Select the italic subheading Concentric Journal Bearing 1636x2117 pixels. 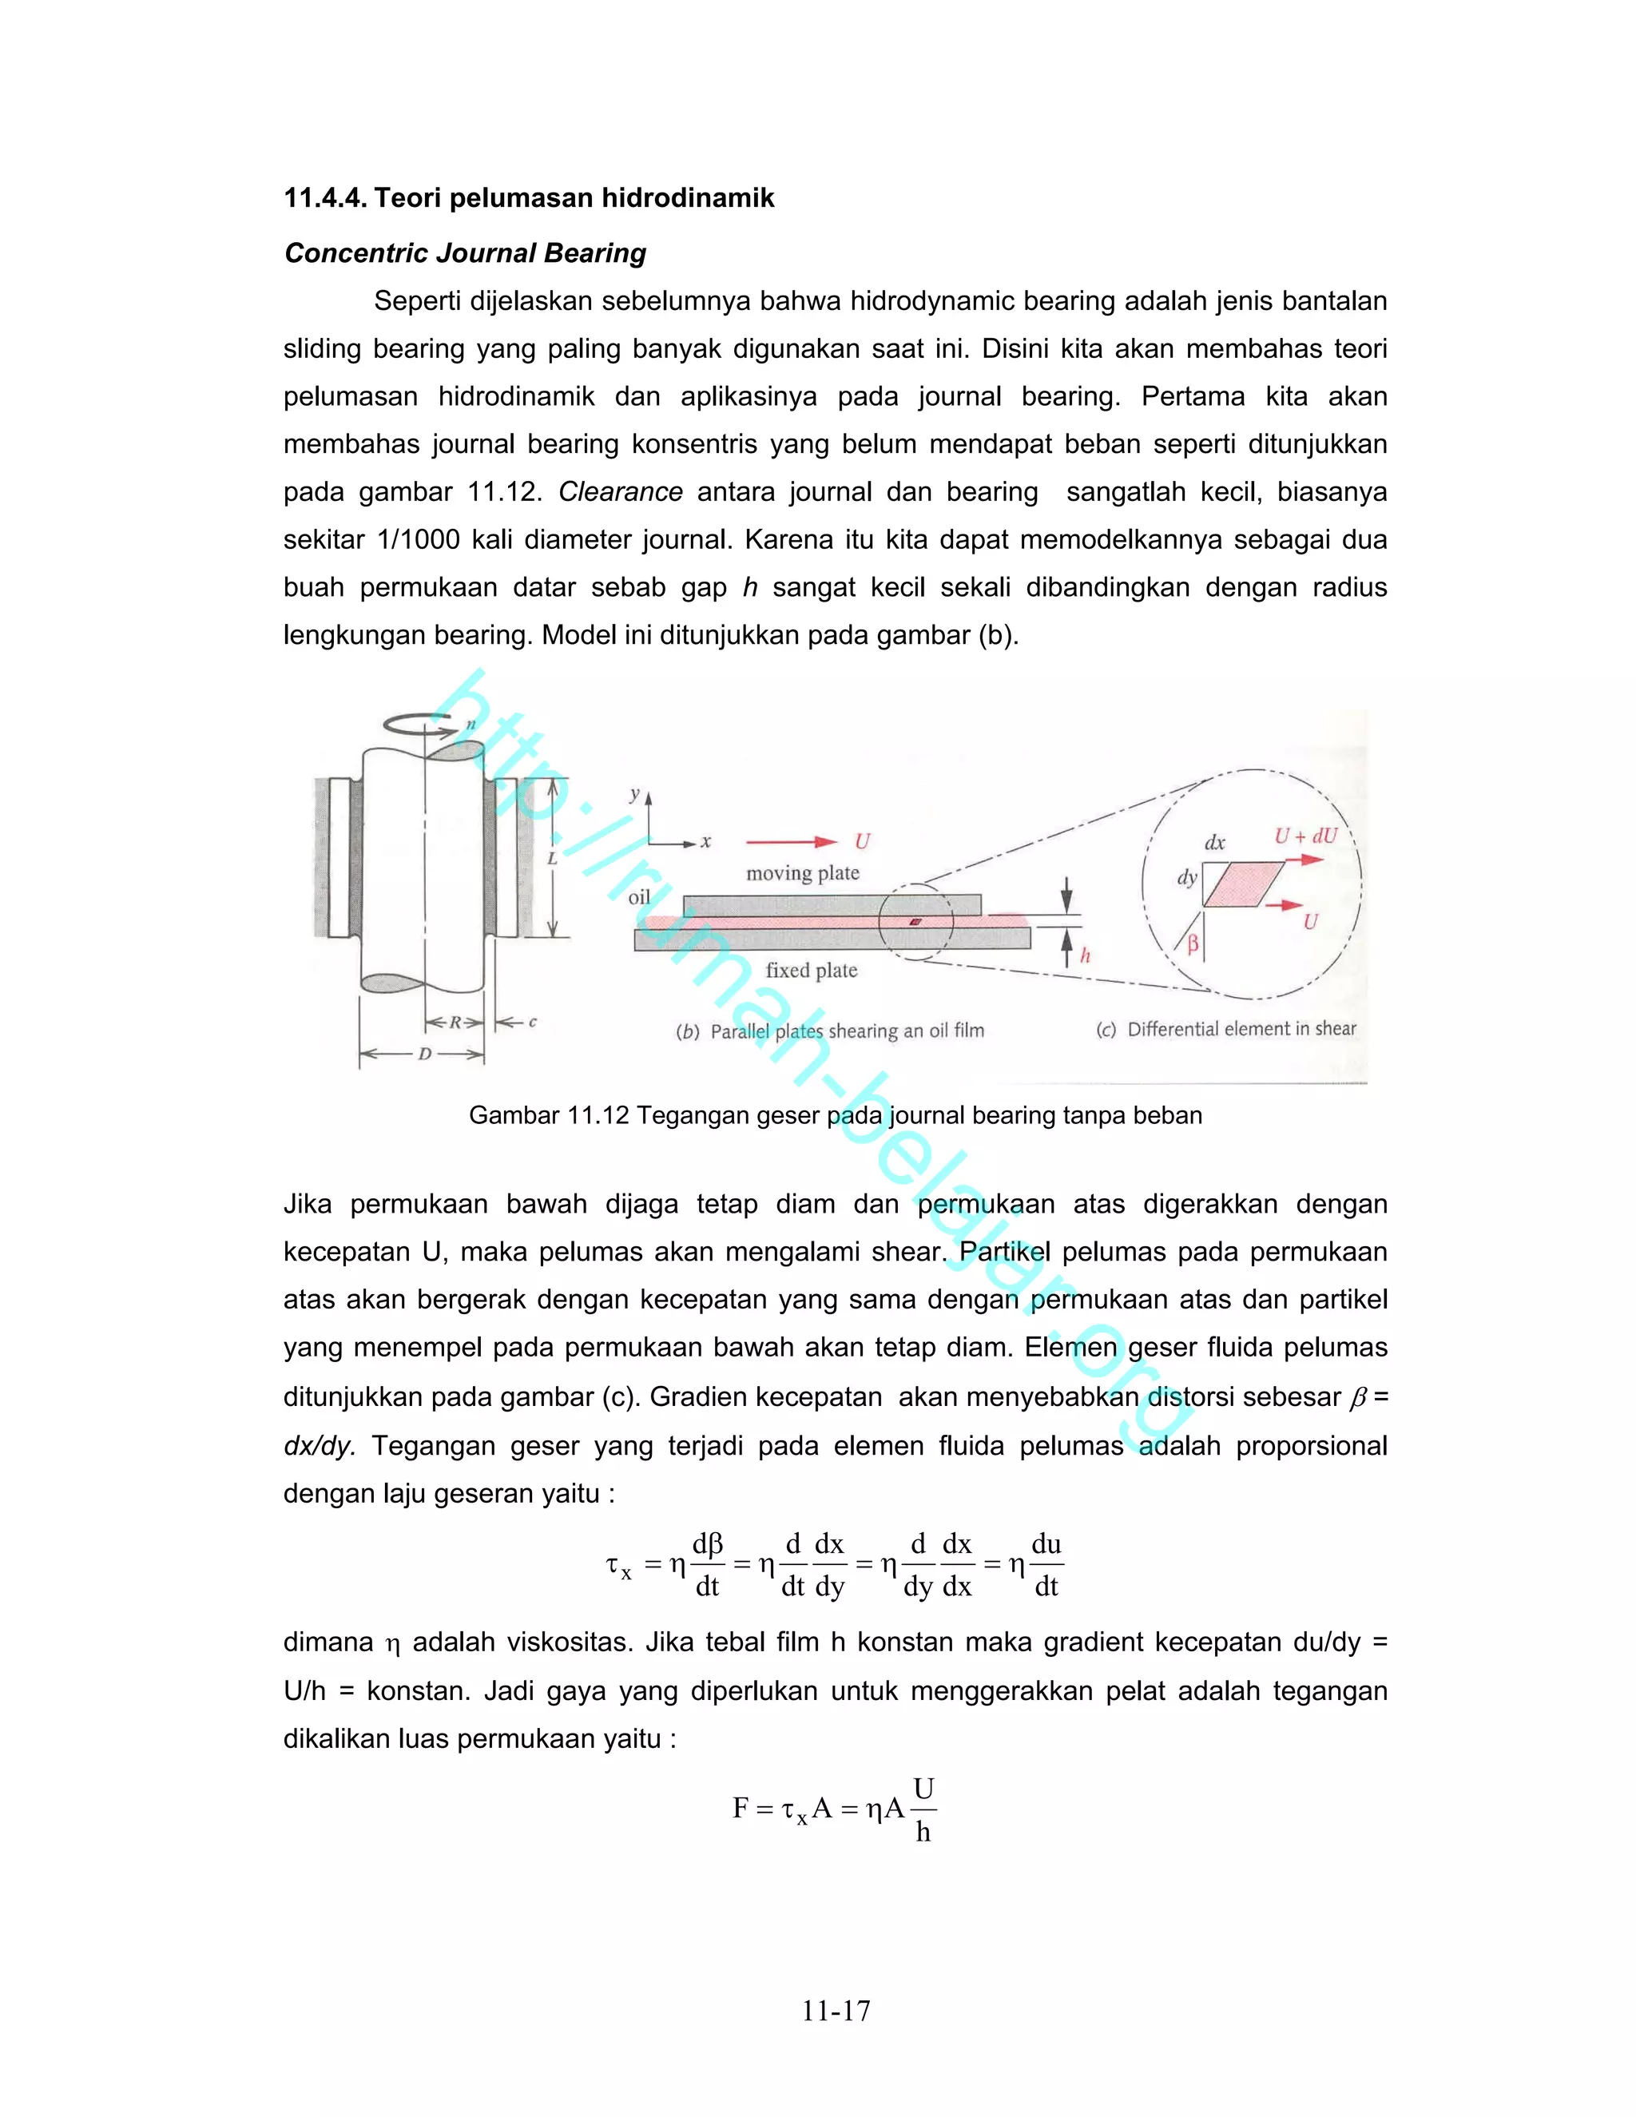tap(465, 254)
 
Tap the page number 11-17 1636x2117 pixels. tap(836, 2012)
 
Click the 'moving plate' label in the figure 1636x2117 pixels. tap(803, 873)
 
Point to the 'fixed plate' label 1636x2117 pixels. tap(812, 971)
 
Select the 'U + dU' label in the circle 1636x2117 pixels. tap(1304, 836)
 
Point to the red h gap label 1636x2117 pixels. tap(1086, 955)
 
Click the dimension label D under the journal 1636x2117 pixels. tap(423, 1054)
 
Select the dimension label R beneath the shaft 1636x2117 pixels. tap(455, 1023)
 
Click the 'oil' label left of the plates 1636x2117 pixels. tap(639, 898)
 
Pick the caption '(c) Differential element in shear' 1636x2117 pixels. tap(1226, 1030)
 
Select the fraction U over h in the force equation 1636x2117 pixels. tap(923, 1809)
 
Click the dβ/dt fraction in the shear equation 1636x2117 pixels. tap(708, 1564)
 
